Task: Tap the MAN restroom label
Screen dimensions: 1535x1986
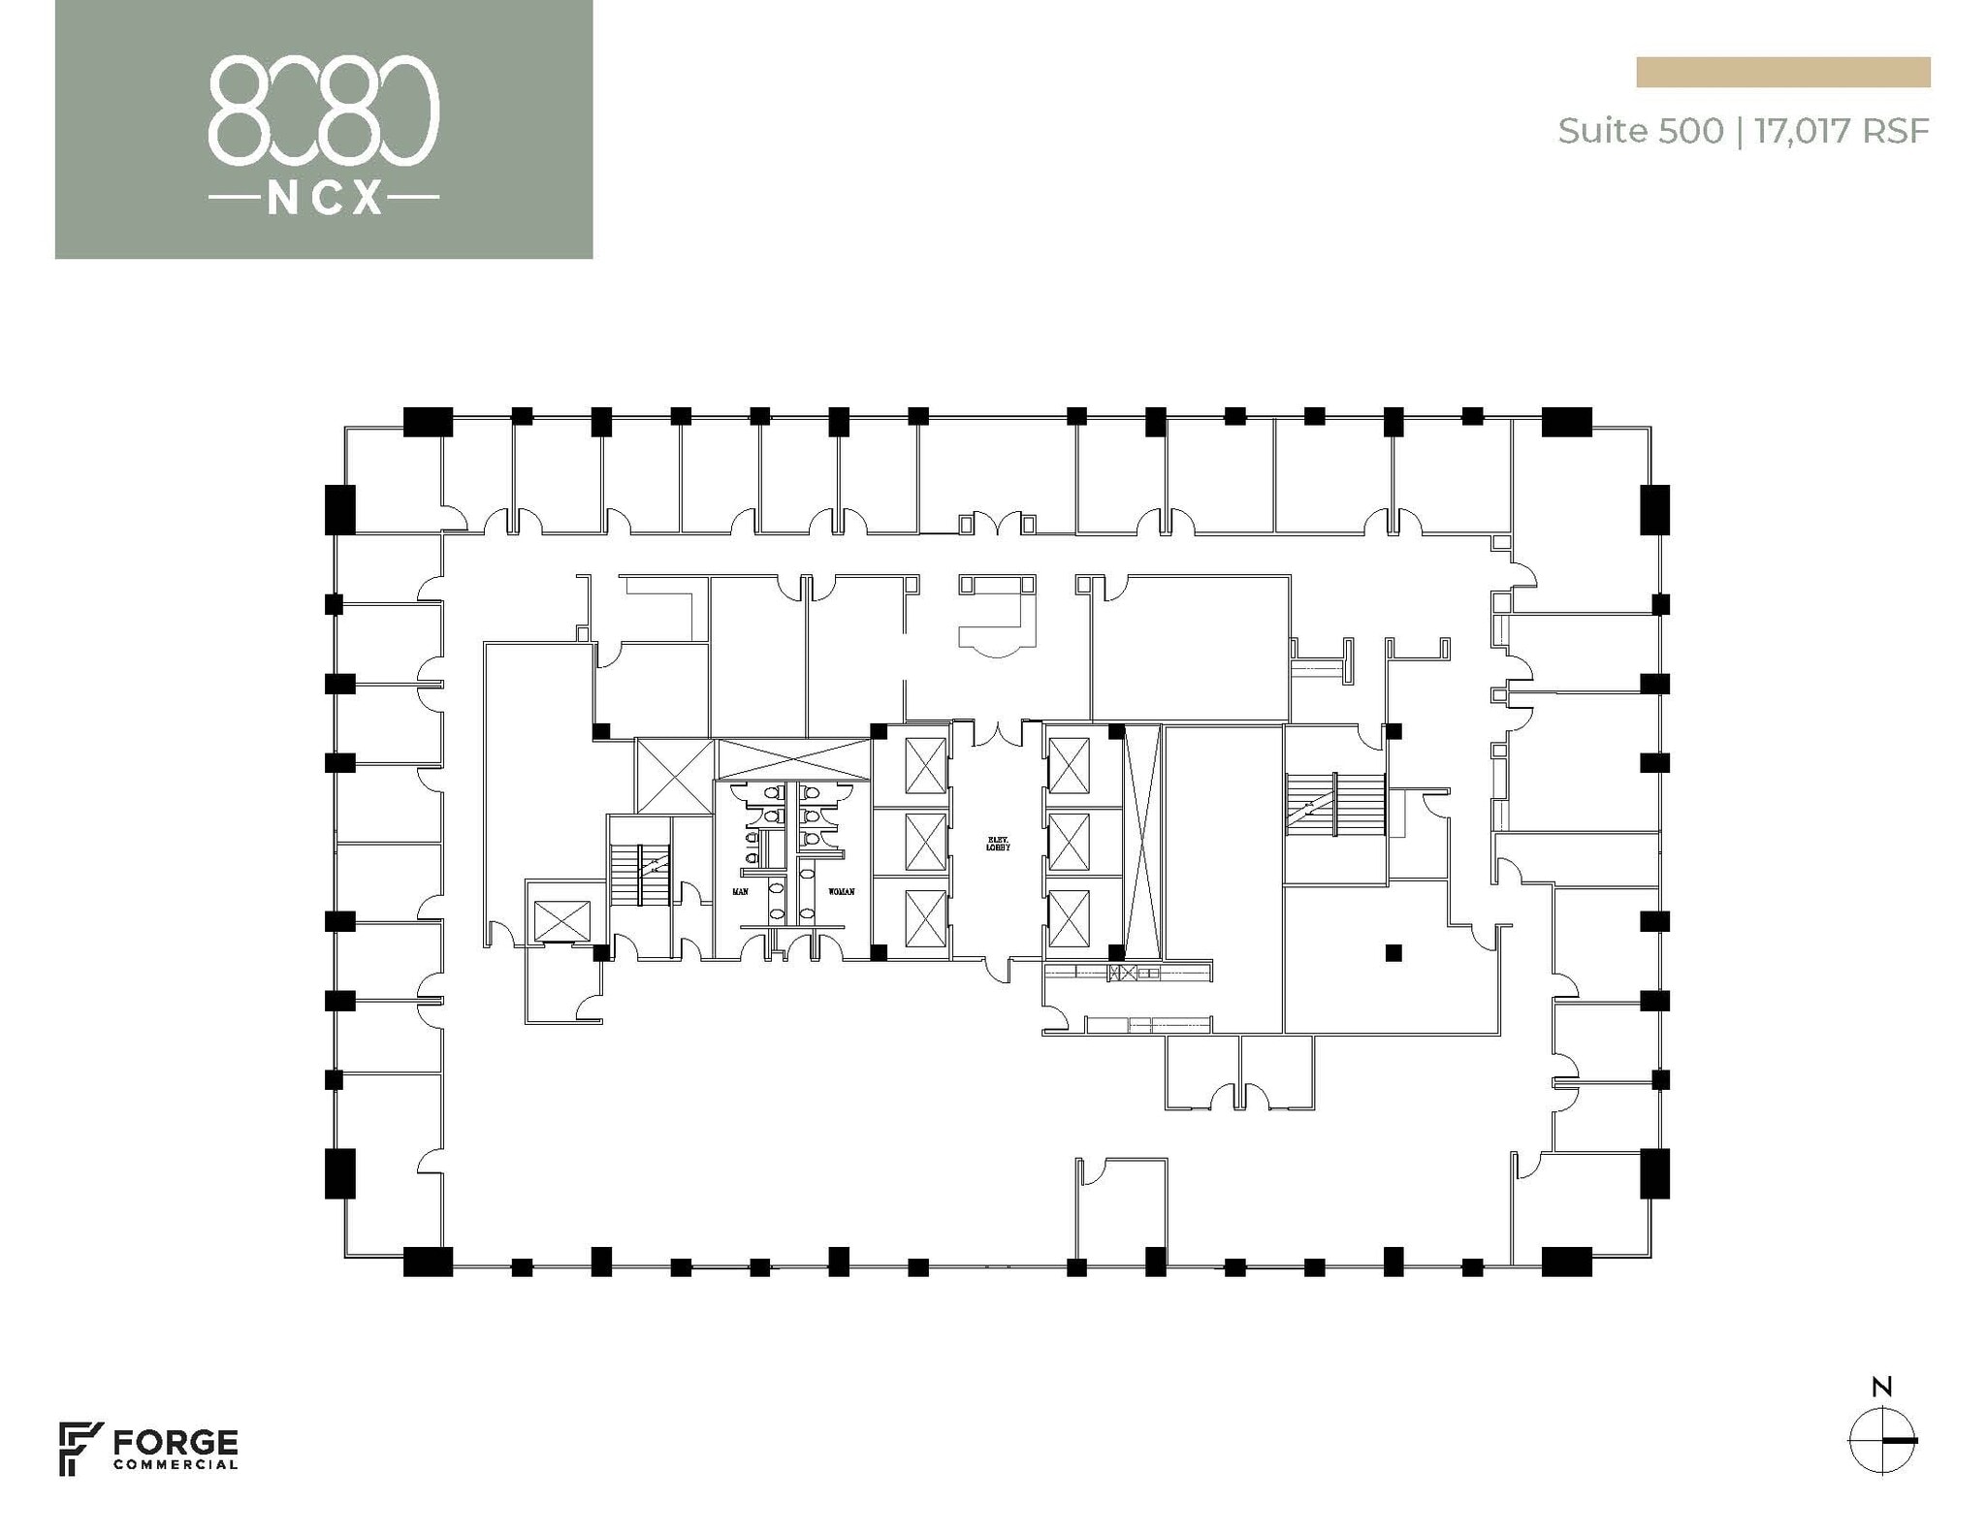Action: (x=740, y=891)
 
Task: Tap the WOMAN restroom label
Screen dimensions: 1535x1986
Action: (x=841, y=891)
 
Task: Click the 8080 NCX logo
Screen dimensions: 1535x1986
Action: (x=324, y=130)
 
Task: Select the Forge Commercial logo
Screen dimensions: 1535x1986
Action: (x=148, y=1450)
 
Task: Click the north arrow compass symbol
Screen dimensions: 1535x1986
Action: (x=1881, y=1439)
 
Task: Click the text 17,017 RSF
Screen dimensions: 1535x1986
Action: (x=1842, y=131)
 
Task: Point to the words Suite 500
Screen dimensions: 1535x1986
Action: (x=1640, y=131)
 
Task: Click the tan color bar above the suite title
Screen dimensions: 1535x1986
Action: (x=1782, y=73)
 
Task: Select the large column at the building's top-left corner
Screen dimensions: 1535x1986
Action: (x=428, y=421)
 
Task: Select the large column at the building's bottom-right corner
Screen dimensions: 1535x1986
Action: (x=1566, y=1261)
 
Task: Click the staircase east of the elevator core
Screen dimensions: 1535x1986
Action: (x=1333, y=803)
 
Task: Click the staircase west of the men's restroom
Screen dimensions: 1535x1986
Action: (x=640, y=875)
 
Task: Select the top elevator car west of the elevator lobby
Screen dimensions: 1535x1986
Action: (x=924, y=765)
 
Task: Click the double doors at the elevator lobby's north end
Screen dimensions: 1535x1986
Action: (x=998, y=734)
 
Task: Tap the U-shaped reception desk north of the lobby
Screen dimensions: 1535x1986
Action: (x=998, y=613)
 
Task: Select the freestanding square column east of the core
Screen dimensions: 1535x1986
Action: (x=1393, y=952)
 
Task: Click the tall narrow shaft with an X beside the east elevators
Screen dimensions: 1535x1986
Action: (x=1141, y=841)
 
